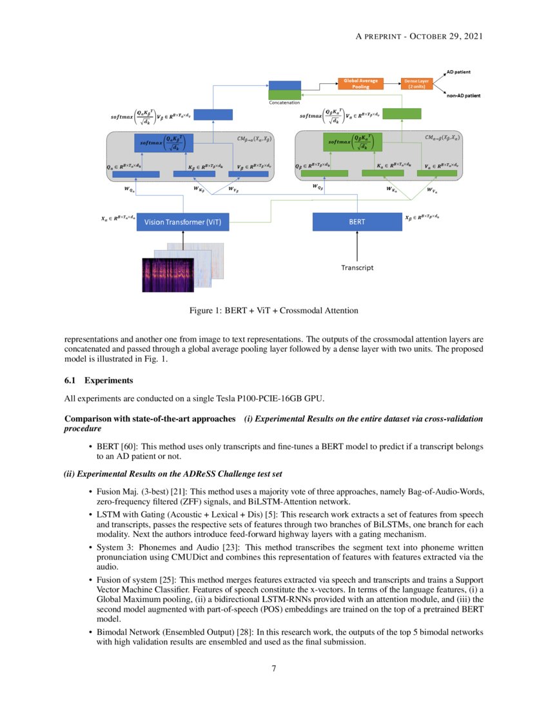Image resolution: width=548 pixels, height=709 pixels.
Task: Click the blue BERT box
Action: (x=357, y=222)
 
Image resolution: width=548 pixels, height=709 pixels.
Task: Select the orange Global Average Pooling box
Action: (x=360, y=83)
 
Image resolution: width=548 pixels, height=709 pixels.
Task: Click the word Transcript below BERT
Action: (x=357, y=267)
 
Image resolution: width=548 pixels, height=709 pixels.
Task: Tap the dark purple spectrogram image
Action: (x=173, y=275)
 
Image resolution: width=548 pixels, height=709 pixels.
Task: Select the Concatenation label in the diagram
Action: (x=285, y=102)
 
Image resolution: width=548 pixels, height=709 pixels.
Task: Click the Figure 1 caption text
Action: (x=273, y=311)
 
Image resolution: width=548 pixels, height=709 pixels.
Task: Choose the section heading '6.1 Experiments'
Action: (x=93, y=381)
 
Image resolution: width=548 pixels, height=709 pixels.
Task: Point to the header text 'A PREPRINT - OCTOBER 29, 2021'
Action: (x=420, y=36)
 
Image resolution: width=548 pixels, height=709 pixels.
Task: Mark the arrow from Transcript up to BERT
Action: (x=357, y=246)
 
